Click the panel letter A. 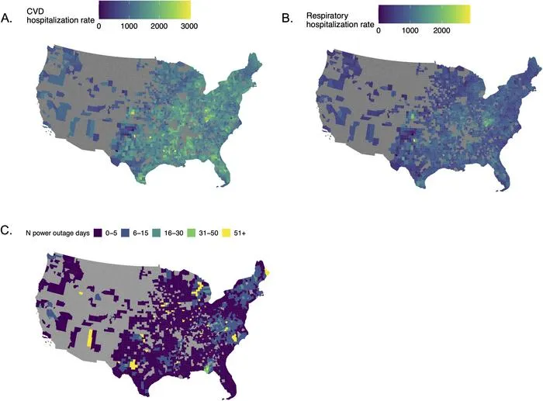(6, 19)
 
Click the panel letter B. (287, 19)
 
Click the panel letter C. (6, 230)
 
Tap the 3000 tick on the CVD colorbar (189, 26)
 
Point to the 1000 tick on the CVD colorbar (130, 26)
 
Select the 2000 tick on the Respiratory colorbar (442, 30)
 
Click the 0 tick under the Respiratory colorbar (379, 30)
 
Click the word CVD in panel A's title (35, 12)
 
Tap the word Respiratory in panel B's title (323, 16)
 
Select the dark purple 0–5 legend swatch (99, 233)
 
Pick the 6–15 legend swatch (126, 233)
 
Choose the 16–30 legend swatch (157, 233)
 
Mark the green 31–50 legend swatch (192, 233)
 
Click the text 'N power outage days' (58, 233)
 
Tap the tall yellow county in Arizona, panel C (90, 338)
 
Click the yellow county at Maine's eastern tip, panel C (268, 272)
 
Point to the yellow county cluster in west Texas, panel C (133, 365)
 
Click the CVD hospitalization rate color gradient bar (144, 9)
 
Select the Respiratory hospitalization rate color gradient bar (424, 14)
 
